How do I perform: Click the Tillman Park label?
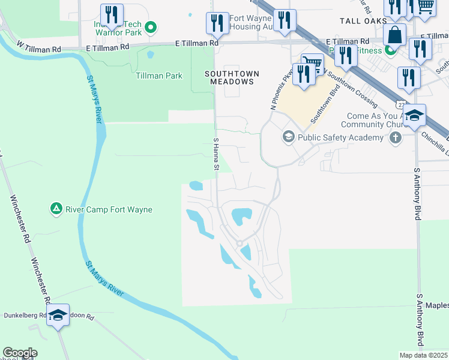(158, 76)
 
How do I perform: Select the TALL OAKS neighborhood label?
(361, 20)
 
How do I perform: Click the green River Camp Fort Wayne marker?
(56, 209)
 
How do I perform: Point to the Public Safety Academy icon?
(288, 137)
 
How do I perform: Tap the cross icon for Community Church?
(395, 138)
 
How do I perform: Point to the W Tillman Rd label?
(40, 45)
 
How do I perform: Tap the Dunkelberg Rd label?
(25, 315)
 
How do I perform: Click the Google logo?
(20, 353)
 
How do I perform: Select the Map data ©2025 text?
(423, 355)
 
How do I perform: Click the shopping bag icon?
(395, 34)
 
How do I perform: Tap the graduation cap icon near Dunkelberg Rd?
(58, 315)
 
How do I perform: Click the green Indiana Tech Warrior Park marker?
(151, 26)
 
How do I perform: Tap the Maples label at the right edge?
(438, 306)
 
